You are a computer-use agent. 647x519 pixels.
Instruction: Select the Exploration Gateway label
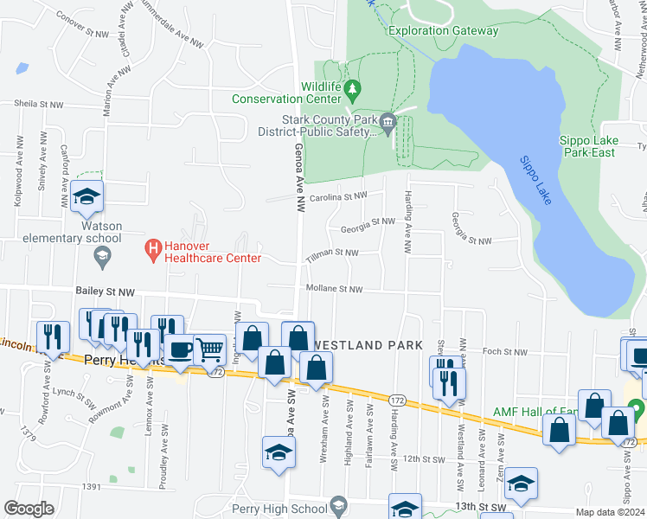(x=444, y=30)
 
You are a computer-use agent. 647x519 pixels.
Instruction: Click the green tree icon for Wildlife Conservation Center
(x=352, y=88)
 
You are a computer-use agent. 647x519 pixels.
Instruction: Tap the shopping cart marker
(x=209, y=349)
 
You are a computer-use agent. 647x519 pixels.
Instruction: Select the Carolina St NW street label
(x=341, y=197)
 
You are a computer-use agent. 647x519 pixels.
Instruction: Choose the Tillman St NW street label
(x=331, y=253)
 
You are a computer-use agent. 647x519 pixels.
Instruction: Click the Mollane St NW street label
(x=333, y=289)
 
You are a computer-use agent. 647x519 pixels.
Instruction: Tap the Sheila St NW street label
(x=38, y=104)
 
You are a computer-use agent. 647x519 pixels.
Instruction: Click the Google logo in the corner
(x=29, y=509)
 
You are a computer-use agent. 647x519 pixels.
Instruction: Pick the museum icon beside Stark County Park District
(x=388, y=121)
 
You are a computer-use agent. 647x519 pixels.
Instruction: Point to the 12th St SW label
(x=422, y=458)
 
